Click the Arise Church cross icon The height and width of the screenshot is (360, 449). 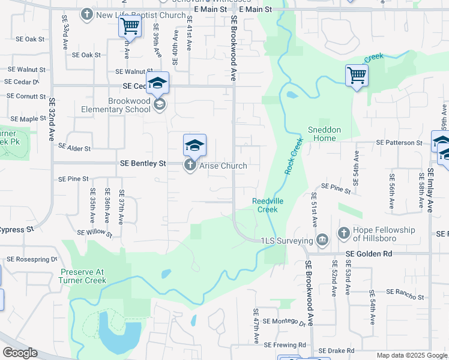(190, 165)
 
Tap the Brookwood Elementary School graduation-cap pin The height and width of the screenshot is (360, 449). (158, 83)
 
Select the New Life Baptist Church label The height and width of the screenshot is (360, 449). (140, 14)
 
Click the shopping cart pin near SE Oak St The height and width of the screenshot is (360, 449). (130, 26)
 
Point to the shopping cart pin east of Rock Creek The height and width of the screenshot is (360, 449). (357, 76)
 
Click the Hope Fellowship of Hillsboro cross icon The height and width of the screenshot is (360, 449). (344, 232)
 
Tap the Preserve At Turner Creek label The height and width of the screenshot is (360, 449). (83, 275)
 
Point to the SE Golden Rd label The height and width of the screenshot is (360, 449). (369, 254)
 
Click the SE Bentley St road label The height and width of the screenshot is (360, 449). (143, 163)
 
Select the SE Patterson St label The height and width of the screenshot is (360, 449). (399, 143)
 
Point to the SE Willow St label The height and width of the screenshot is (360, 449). (95, 232)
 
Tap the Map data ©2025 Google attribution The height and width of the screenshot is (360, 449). (411, 355)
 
